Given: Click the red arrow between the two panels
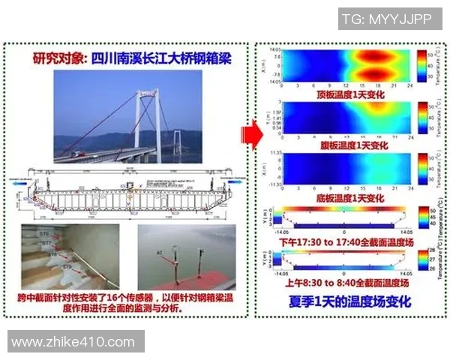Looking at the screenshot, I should pyautogui.click(x=249, y=136).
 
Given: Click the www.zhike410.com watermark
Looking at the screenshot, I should pyautogui.click(x=73, y=342).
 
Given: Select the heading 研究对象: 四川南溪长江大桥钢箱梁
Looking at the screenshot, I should pyautogui.click(x=127, y=58).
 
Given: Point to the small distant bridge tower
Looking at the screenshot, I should pyautogui.click(x=178, y=145).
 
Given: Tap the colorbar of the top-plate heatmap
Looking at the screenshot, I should pyautogui.click(x=421, y=65).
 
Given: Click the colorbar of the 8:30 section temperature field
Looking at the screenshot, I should pyautogui.click(x=421, y=259).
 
